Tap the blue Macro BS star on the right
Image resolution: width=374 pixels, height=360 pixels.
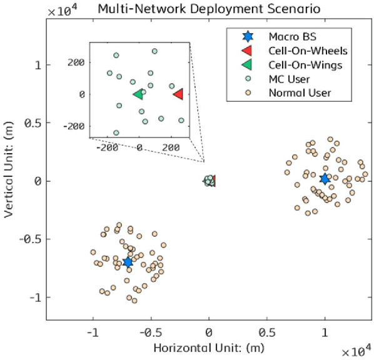click(325, 179)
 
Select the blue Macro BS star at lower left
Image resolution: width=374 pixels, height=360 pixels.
click(128, 262)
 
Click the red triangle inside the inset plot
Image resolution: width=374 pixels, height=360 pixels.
click(178, 94)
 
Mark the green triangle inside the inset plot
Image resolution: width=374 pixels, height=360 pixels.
click(138, 94)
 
